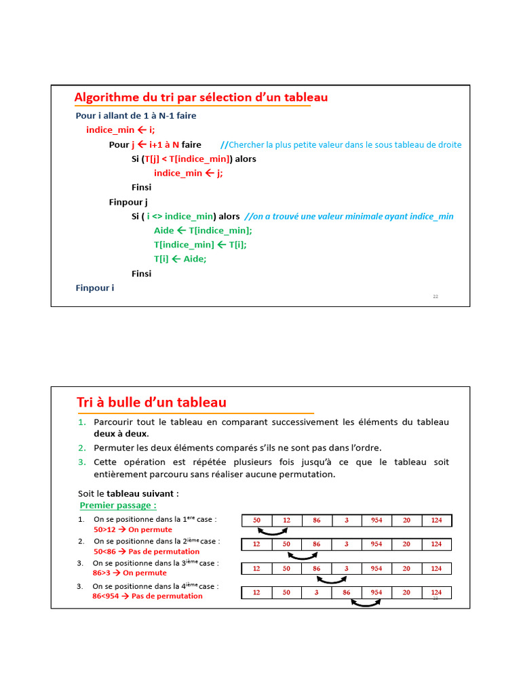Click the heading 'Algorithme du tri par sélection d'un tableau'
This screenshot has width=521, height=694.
[201, 98]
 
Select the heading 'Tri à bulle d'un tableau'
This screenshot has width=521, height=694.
[151, 403]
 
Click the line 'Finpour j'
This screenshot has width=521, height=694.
[128, 202]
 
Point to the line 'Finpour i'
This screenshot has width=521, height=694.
[95, 288]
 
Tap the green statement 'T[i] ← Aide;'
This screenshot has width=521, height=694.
[180, 259]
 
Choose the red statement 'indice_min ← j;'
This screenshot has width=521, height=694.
[188, 173]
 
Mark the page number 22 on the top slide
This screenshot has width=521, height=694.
[436, 296]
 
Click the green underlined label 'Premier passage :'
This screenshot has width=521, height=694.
[118, 506]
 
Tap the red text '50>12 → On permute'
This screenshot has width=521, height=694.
[133, 529]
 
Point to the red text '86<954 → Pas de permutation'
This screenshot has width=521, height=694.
[147, 596]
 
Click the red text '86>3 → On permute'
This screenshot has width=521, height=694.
[130, 573]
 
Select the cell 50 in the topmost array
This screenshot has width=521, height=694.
[257, 520]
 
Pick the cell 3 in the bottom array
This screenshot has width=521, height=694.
[317, 592]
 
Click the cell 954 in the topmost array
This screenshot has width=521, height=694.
[377, 520]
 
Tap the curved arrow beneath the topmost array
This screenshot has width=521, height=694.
[272, 533]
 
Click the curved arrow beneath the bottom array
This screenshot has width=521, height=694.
[366, 603]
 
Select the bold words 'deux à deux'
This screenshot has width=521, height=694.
[121, 434]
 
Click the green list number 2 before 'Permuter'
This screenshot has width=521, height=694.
[81, 448]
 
